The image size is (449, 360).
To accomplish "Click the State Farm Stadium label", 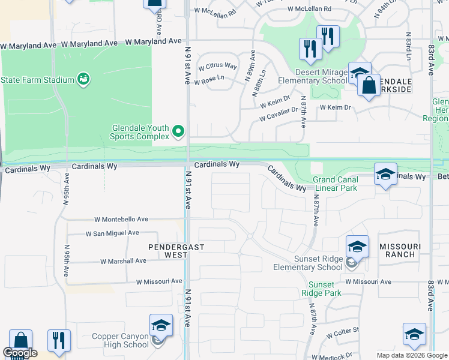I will tap(37, 80).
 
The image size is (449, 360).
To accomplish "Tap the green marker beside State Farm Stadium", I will tap(83, 79).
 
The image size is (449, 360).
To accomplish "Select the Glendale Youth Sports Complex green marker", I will tap(178, 130).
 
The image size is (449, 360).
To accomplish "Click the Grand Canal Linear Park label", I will tap(334, 184).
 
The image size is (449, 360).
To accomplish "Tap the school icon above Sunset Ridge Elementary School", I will tap(357, 247).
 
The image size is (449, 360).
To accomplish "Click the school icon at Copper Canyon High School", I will tap(161, 325).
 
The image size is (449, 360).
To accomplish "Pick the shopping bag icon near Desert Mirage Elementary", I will tap(369, 85).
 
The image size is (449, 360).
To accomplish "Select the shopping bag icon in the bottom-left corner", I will tap(20, 341).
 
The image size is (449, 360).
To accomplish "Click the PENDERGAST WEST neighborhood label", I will tap(169, 251).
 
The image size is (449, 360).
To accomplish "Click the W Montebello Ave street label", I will tap(121, 220).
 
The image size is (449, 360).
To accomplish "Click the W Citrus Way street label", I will tap(218, 66).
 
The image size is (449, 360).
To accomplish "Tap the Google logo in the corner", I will tap(20, 353).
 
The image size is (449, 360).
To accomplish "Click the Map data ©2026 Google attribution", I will tap(411, 355).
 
